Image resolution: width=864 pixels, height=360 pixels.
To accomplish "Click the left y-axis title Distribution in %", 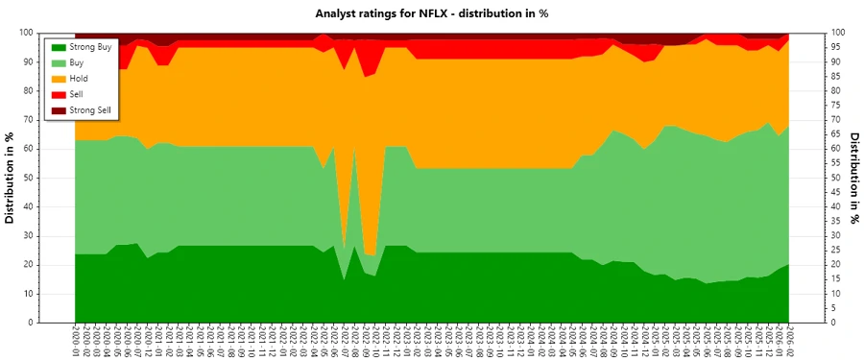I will [x=11, y=178].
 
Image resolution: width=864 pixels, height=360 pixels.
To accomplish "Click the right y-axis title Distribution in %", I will [x=853, y=178].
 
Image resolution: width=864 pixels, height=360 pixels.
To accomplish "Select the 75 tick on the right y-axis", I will [x=838, y=105].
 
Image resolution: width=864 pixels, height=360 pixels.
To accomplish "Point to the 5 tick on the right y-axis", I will [x=835, y=308].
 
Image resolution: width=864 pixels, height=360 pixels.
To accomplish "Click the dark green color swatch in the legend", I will [x=60, y=47].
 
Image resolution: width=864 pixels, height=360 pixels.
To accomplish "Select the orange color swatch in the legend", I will [x=60, y=79].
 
